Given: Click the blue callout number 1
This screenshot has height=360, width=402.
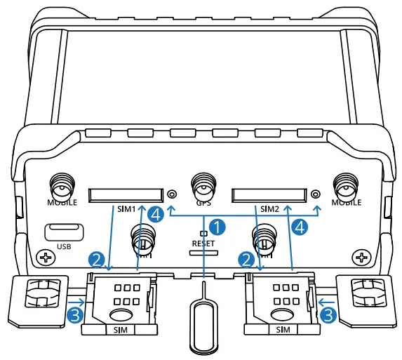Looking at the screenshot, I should point(220,227).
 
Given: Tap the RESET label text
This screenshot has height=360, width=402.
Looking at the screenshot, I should point(203,243).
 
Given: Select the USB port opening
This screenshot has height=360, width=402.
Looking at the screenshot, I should point(64,232).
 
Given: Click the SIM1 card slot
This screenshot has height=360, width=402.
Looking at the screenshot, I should point(123,194).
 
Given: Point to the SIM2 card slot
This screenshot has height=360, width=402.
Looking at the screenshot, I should point(269,194).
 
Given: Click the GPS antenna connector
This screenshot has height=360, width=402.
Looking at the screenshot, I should point(203,188).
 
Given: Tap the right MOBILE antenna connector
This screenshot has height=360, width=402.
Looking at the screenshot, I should point(345,186).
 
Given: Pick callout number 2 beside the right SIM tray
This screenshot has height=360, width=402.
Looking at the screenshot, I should point(245,259).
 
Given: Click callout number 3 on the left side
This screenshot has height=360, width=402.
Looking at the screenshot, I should point(77,315).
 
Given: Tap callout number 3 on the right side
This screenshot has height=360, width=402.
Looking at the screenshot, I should point(326,315).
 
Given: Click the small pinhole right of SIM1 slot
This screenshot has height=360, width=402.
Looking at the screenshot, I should point(172,194).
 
